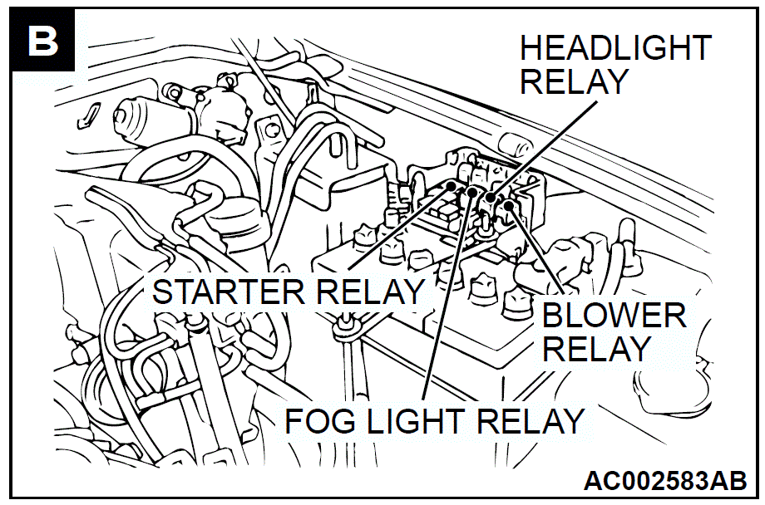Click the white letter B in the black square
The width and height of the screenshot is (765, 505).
pos(43,41)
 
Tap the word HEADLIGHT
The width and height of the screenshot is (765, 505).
pos(615,48)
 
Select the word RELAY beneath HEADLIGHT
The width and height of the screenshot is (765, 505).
pos(574,81)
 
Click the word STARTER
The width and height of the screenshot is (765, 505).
pos(229,292)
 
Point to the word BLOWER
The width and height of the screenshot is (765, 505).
pos(614,316)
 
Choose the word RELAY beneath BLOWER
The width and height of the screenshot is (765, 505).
pos(596,349)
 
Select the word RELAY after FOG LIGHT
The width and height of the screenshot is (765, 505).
pos(531,420)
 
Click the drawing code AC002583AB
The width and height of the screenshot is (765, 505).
pos(665,481)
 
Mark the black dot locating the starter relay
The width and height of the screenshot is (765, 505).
pos(452,186)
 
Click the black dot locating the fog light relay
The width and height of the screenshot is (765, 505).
pos(471,192)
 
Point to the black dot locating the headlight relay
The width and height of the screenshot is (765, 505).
pos(491,198)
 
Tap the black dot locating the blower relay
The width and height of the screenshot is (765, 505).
pos(508,205)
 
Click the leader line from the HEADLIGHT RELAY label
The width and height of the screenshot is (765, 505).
pos(544,150)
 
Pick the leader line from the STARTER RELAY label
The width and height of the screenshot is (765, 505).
pos(400,228)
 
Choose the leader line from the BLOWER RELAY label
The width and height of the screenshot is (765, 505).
pos(536,249)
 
